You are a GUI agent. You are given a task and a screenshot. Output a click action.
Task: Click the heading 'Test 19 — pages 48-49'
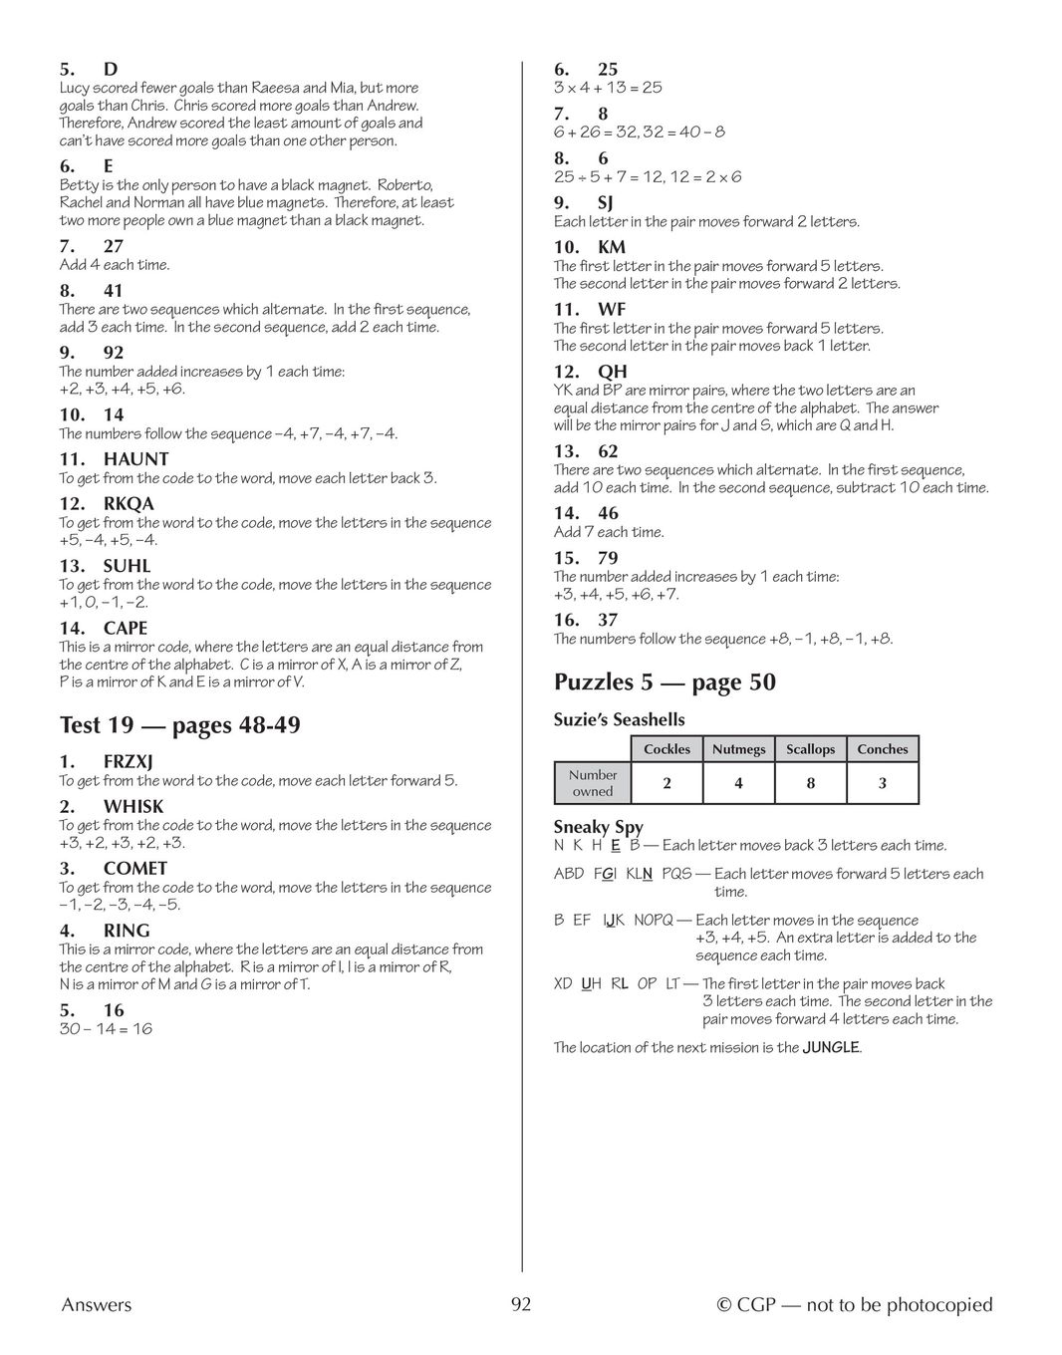(x=179, y=725)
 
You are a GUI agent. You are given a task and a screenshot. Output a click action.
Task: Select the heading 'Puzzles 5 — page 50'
(x=664, y=682)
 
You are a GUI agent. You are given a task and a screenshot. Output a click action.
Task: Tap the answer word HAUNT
(x=135, y=459)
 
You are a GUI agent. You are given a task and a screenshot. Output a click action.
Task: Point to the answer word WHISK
(x=133, y=806)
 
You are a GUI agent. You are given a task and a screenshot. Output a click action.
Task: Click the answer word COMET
(x=135, y=869)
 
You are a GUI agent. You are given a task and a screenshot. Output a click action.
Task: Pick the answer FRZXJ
(x=128, y=762)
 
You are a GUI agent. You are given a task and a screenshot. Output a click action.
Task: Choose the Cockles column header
(x=666, y=749)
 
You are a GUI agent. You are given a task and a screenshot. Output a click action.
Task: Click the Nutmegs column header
(x=738, y=749)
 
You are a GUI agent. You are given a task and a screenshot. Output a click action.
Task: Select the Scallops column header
(x=810, y=749)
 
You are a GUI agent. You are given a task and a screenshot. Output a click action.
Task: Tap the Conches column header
(x=882, y=749)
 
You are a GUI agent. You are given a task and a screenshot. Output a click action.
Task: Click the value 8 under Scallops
(x=810, y=784)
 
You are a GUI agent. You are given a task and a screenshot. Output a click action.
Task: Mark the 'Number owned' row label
(x=593, y=783)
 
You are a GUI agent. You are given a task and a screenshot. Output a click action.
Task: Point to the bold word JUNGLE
(x=831, y=1047)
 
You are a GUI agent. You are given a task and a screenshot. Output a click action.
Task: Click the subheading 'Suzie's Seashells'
(x=619, y=719)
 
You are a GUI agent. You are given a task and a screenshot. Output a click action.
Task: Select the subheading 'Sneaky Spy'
(x=598, y=827)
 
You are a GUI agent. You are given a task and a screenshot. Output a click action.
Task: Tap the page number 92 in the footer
(x=521, y=1305)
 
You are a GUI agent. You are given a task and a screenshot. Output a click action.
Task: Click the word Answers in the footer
(x=96, y=1305)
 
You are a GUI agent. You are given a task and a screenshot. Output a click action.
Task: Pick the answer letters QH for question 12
(x=612, y=372)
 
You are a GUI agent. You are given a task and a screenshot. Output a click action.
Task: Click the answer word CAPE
(x=126, y=628)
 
